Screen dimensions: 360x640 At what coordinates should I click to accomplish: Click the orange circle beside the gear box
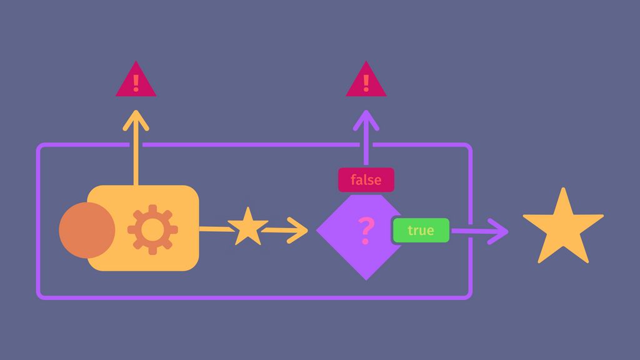(x=86, y=230)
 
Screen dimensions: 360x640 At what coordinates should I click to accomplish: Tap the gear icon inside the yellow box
(x=152, y=229)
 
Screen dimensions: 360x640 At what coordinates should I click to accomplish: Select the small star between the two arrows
(x=247, y=227)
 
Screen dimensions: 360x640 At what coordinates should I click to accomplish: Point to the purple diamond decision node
(x=350, y=250)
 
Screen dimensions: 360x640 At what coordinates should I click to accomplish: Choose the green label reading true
(x=421, y=231)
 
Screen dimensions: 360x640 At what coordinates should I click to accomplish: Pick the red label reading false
(x=366, y=180)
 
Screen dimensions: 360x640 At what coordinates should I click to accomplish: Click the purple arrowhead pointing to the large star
(x=500, y=231)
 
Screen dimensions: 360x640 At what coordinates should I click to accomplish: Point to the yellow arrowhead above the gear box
(x=136, y=119)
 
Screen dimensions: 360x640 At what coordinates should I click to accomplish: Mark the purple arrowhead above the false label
(x=366, y=119)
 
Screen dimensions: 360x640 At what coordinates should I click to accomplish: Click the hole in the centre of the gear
(x=152, y=229)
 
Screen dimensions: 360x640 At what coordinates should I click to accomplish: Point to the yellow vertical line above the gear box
(x=136, y=156)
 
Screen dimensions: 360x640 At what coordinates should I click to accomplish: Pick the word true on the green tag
(x=421, y=231)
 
